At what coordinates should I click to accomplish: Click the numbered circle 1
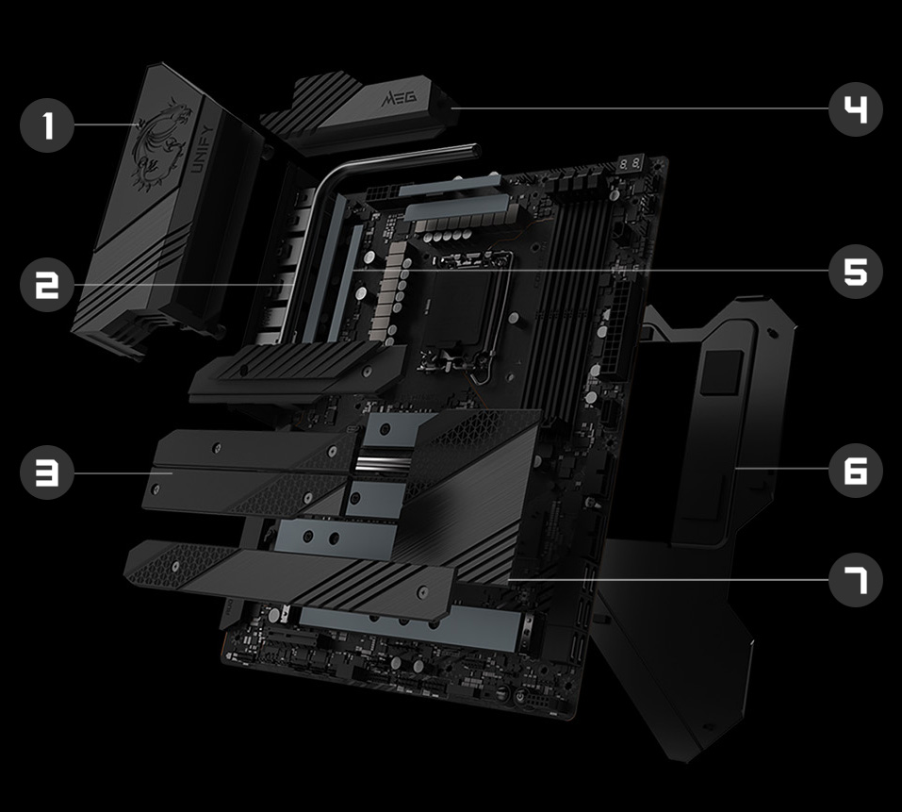pyautogui.click(x=46, y=126)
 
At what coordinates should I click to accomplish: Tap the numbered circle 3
pyautogui.click(x=46, y=472)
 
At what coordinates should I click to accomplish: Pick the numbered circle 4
pyautogui.click(x=855, y=110)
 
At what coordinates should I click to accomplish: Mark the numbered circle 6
pyautogui.click(x=855, y=470)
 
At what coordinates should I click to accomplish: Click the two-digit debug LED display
pyautogui.click(x=632, y=166)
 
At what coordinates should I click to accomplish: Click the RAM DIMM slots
pyautogui.click(x=556, y=292)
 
